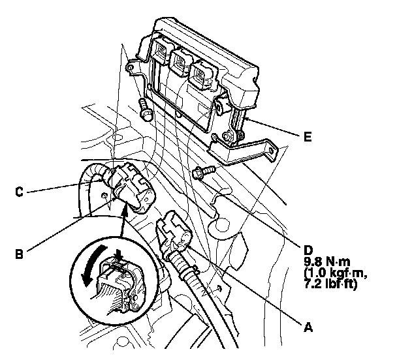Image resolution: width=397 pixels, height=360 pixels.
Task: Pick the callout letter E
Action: point(308,137)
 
